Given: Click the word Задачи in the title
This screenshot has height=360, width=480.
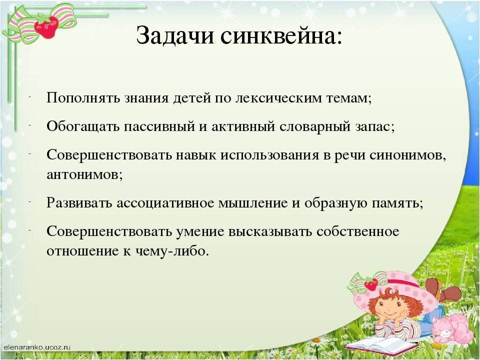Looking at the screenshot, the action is point(175,36).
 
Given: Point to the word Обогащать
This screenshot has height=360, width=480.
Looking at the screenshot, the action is point(83,126).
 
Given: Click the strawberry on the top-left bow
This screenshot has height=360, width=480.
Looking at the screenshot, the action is point(46,25).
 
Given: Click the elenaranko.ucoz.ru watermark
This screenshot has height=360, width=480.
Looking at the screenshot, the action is point(37,347).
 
